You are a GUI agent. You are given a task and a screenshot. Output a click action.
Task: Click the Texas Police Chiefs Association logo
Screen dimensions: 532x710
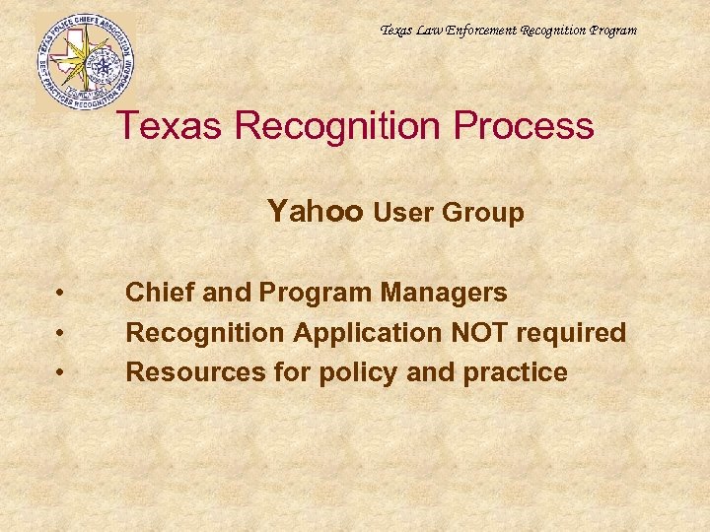point(85,61)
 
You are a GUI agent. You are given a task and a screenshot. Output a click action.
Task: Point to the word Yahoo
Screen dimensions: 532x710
point(316,212)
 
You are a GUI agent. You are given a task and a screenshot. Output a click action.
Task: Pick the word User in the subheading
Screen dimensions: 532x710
point(405,213)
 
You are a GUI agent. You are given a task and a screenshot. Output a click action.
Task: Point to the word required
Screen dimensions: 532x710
point(573,333)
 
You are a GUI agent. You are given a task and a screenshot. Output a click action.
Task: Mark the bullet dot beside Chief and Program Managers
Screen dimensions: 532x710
point(61,294)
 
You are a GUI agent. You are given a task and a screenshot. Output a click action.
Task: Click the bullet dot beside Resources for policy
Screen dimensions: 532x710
point(61,373)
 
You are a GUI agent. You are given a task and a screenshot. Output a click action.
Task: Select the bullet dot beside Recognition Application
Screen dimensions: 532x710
point(61,334)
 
